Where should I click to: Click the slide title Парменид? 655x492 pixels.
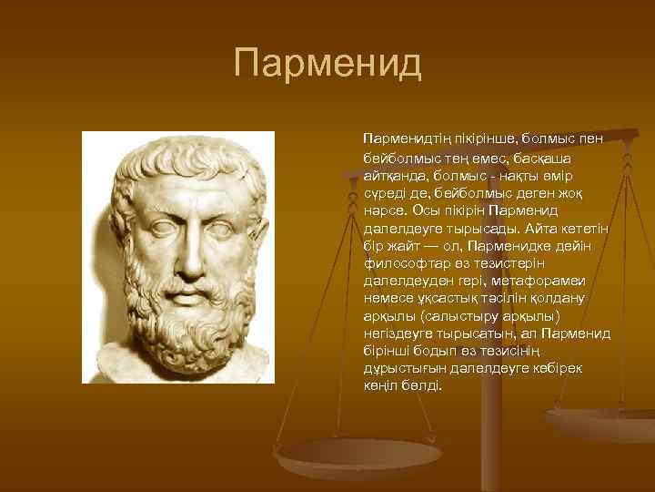pos(327,64)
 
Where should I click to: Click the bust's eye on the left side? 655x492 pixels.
pos(158,224)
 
